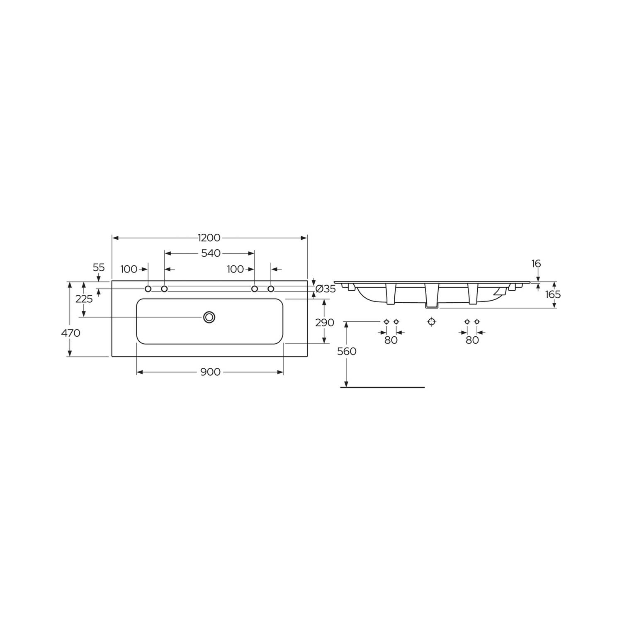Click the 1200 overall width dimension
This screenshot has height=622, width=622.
pos(209,238)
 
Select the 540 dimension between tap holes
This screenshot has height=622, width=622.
pos(211,253)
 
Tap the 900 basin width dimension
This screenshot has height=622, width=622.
pos(210,372)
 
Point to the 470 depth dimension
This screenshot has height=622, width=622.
pos(71,333)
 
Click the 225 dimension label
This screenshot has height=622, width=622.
pos(84,299)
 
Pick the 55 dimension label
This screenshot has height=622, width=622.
pos(99,267)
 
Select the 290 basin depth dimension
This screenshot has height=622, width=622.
pos(324,322)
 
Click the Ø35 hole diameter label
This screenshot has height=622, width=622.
pos(326,289)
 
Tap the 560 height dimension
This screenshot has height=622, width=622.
pos(347,352)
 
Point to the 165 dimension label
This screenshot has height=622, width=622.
pos(553,294)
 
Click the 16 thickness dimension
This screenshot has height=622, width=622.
pos(536,264)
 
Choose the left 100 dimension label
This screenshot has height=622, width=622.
pos(129,269)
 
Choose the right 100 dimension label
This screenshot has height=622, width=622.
pos(235,269)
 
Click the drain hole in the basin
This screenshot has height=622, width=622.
pos(209,317)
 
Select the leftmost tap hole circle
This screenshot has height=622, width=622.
pos(148,289)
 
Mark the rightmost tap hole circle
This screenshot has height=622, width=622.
pos(271,289)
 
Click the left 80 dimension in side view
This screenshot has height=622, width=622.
pos(391,340)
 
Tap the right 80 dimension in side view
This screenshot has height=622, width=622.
pos(472,340)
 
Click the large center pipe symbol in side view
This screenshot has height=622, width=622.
pos(432,322)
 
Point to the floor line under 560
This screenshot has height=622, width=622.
pos(382,387)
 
